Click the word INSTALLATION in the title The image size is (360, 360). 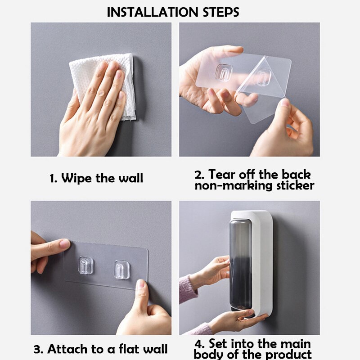coord(153,12)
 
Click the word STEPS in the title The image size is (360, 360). coord(221,12)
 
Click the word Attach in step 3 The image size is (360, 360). coord(67,349)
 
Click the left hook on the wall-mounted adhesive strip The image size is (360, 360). coord(86,265)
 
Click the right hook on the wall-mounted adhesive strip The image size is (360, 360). coord(121,270)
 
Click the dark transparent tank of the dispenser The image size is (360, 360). coord(240,265)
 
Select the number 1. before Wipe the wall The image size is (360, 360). coord(54,179)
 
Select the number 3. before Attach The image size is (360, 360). coord(38,350)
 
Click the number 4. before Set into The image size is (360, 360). coord(199,344)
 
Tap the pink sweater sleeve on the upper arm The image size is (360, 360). coord(188,289)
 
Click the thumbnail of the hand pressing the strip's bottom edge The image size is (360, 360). coord(140,284)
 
